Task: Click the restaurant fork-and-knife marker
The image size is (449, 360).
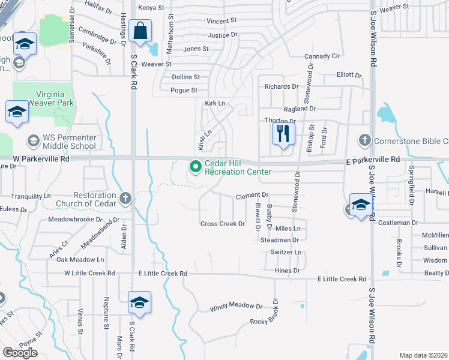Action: pyautogui.click(x=283, y=133)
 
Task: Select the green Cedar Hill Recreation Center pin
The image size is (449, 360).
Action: pyautogui.click(x=195, y=167)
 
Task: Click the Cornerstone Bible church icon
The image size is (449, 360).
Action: pyautogui.click(x=364, y=140)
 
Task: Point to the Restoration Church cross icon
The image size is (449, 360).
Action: pyautogui.click(x=125, y=198)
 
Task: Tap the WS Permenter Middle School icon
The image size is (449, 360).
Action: pyautogui.click(x=33, y=141)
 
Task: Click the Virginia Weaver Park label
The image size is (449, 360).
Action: pyautogui.click(x=46, y=98)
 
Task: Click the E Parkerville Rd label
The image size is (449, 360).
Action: pyautogui.click(x=372, y=160)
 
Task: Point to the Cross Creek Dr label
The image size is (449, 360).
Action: pyautogui.click(x=223, y=224)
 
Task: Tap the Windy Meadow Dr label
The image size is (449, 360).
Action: pyautogui.click(x=236, y=307)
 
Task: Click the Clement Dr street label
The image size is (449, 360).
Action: pyautogui.click(x=252, y=196)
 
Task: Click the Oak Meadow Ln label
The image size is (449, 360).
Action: pyautogui.click(x=80, y=260)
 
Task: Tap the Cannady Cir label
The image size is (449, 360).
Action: pyautogui.click(x=322, y=56)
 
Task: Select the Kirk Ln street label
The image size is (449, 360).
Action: pyautogui.click(x=215, y=103)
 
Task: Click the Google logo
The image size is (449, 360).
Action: pyautogui.click(x=20, y=353)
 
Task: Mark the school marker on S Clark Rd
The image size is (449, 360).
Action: pyautogui.click(x=139, y=303)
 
